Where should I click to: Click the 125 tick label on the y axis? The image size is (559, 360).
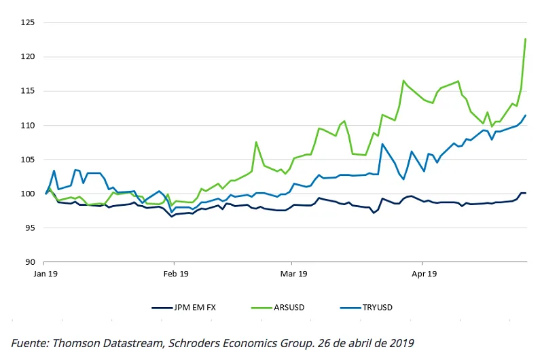point(28,22)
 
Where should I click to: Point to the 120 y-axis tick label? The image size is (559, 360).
point(28,56)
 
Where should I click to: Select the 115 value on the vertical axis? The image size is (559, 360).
point(28,91)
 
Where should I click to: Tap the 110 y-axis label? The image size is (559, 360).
point(28,125)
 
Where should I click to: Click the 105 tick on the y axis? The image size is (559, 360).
point(28,160)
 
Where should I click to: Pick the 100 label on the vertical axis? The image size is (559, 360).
point(28,194)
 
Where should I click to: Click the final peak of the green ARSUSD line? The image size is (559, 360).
point(526,39)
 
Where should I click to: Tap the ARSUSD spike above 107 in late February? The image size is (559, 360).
point(256,142)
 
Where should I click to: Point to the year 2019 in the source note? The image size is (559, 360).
point(399,343)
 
